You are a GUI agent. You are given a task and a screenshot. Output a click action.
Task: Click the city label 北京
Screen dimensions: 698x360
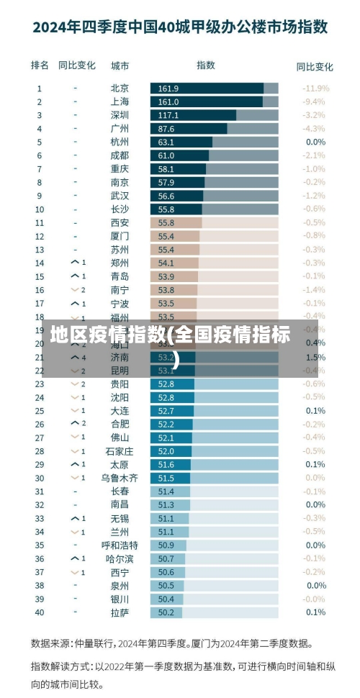coord(120,88)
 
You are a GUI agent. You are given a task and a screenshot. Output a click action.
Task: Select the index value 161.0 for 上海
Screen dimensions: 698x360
coord(168,101)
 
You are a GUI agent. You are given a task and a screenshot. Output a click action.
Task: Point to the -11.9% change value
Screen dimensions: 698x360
coord(315,88)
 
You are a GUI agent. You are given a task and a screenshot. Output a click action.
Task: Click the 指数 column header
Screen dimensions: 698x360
coord(206,65)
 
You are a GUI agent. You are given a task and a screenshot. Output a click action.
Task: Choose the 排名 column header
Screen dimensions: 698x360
coord(40,65)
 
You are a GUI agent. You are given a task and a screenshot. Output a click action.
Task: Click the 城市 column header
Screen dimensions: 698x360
coord(120,65)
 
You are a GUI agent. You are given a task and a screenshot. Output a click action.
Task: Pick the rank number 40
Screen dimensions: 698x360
coord(40,612)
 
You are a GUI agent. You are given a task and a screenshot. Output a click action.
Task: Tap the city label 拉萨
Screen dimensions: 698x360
coord(120,612)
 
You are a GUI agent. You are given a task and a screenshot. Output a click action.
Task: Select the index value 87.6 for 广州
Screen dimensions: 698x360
coord(166,129)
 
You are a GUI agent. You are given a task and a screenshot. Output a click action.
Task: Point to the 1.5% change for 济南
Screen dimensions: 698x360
coord(315,357)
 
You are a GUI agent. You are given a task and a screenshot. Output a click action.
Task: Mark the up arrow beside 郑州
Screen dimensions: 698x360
coord(75,263)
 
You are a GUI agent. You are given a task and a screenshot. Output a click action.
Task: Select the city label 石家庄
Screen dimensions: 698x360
coord(119,451)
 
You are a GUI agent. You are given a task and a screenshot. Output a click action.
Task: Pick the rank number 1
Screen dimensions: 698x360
coord(40,88)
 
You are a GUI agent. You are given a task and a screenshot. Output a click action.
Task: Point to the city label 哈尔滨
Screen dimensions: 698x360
coord(119,558)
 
